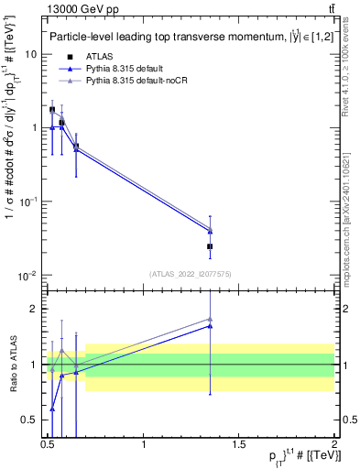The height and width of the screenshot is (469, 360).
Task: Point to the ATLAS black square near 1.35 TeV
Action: click(x=211, y=246)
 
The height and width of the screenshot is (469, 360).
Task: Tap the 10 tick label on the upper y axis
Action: click(x=31, y=54)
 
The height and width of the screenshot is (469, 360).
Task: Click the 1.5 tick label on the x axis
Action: click(x=240, y=444)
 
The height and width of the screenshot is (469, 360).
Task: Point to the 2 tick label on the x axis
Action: click(x=334, y=444)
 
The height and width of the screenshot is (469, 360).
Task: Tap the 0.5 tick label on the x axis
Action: click(x=48, y=444)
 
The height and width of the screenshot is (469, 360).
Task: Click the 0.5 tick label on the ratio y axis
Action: click(x=29, y=420)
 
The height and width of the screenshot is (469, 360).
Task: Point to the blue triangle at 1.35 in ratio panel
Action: click(x=211, y=325)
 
